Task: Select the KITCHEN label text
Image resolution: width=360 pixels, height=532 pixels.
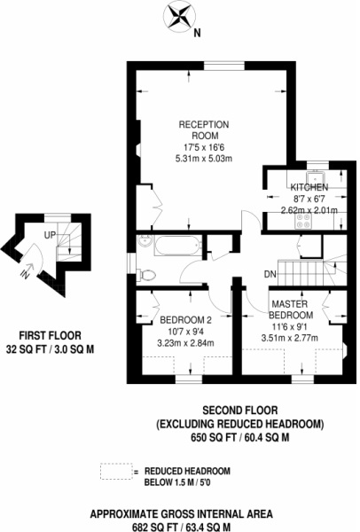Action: coord(309,188)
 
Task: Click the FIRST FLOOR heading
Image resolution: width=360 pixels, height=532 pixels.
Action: coord(49,336)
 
